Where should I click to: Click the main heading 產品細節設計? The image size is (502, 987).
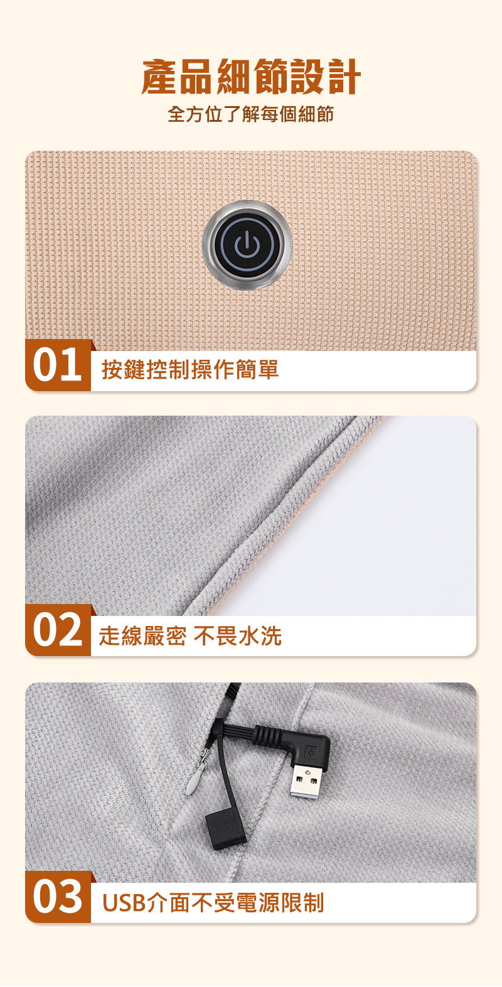point(251,77)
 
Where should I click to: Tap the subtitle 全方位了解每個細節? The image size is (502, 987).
point(251,114)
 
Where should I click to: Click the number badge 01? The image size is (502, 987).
point(58,365)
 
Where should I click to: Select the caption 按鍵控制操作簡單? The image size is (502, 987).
point(190,369)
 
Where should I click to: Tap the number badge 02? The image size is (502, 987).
point(58,630)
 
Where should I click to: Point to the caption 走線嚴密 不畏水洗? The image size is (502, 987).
point(190,636)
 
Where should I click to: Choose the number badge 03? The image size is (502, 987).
point(58,897)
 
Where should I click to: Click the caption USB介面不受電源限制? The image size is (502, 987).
point(213,902)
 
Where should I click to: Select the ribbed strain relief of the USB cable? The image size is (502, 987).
point(267,735)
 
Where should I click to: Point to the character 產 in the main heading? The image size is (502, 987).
point(159,77)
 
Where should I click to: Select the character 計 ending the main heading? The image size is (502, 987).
point(343,77)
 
